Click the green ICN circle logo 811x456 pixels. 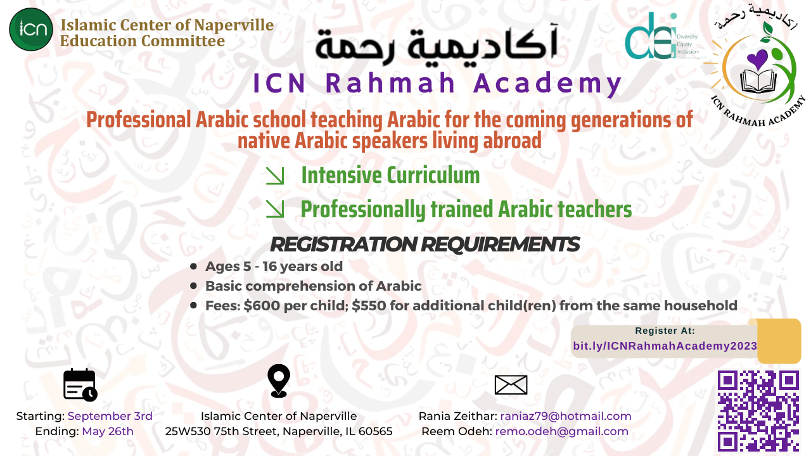(31, 29)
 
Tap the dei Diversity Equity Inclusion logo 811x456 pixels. (662, 36)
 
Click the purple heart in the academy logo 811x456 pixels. (757, 60)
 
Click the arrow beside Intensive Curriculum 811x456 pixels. (275, 176)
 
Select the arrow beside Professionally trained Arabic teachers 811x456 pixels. (275, 209)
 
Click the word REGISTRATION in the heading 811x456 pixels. (343, 244)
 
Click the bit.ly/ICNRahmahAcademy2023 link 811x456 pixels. (665, 346)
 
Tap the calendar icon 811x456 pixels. (80, 384)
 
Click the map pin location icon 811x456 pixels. (279, 381)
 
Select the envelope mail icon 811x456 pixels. (511, 384)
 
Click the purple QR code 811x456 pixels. (758, 412)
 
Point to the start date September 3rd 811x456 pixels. (110, 416)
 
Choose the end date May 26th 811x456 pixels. (108, 431)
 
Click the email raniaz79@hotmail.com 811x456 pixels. (566, 416)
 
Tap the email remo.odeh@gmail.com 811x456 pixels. (561, 431)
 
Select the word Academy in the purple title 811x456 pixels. (547, 83)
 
